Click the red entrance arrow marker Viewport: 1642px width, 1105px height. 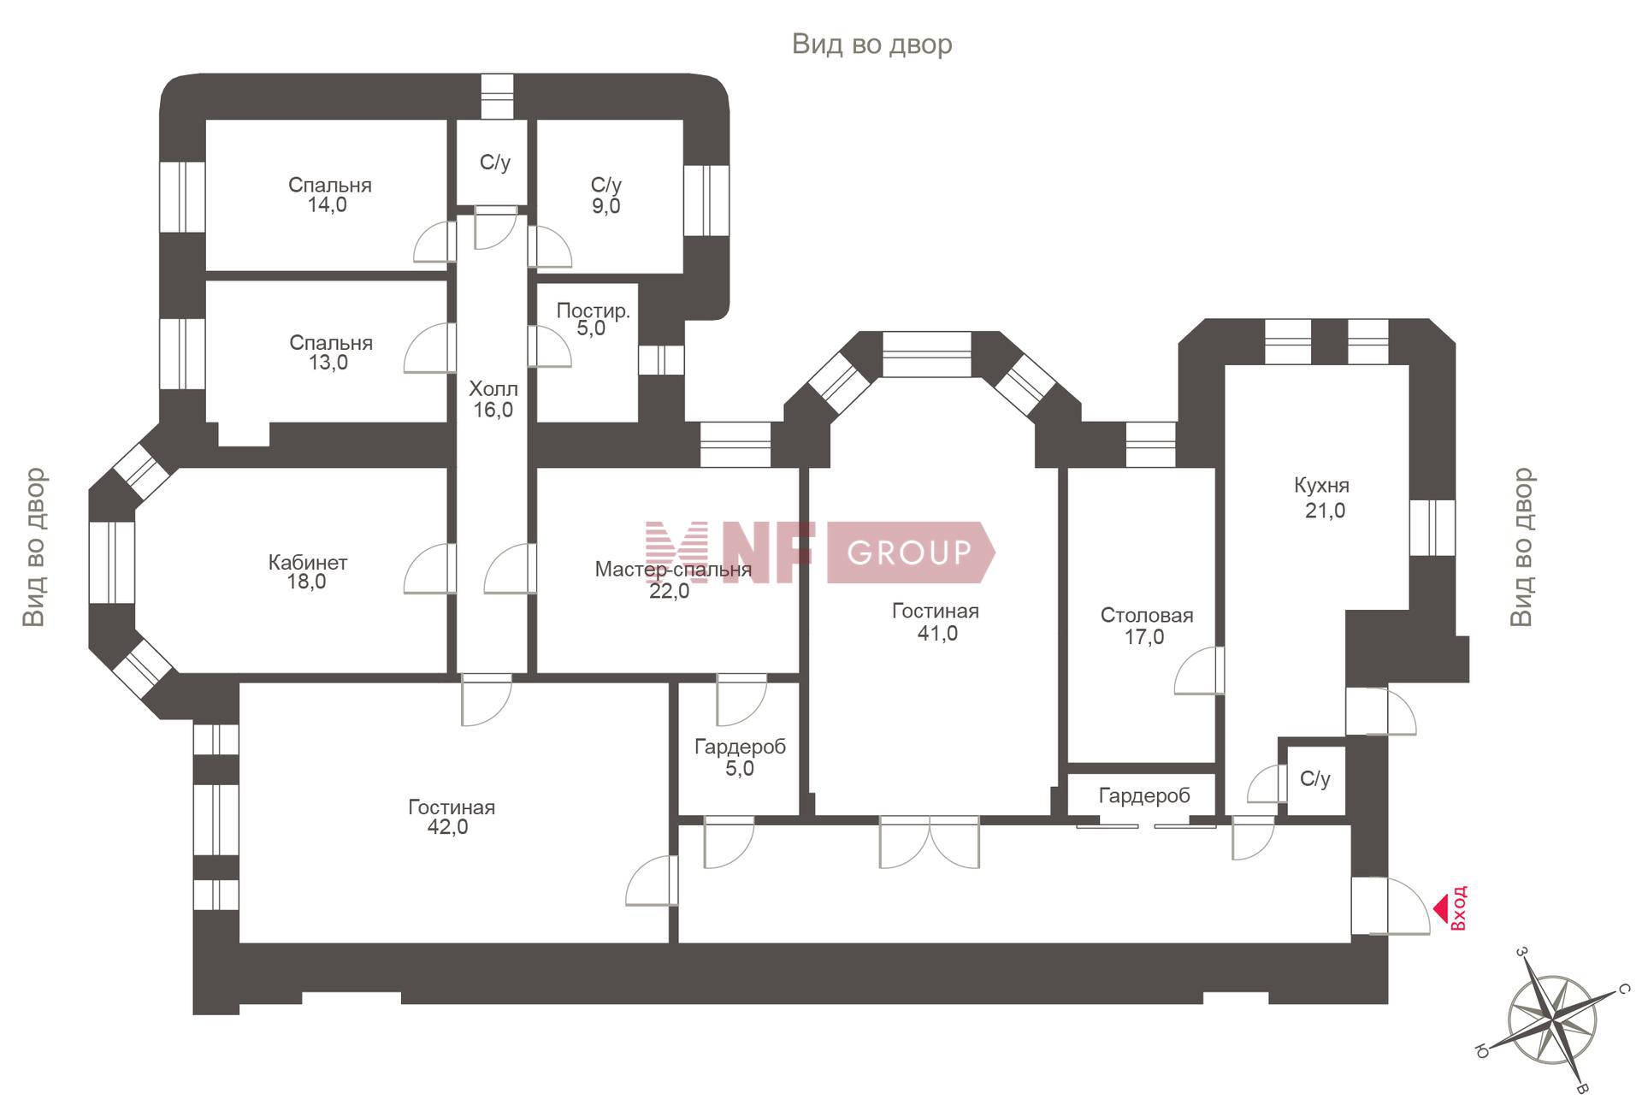tap(1440, 907)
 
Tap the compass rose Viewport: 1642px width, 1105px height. tap(1552, 1019)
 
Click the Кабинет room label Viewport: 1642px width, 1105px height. tap(308, 563)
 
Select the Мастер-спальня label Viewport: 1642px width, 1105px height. tap(673, 570)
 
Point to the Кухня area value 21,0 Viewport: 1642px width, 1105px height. tap(1325, 511)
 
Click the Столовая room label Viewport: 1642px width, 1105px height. tap(1147, 616)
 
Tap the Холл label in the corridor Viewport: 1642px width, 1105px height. tap(493, 389)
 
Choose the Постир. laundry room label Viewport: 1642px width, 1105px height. tap(594, 310)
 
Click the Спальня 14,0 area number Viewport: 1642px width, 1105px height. tap(328, 205)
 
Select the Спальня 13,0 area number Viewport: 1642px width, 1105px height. tap(328, 363)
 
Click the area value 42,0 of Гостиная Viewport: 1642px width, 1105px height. tap(448, 827)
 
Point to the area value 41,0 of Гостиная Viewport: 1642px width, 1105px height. tap(937, 634)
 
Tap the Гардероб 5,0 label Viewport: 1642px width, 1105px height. tap(740, 747)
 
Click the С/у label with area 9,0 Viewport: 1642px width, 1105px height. tap(606, 185)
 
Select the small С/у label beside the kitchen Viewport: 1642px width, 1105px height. tap(1315, 778)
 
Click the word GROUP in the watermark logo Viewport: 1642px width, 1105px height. tap(910, 552)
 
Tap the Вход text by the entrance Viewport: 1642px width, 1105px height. tap(1459, 907)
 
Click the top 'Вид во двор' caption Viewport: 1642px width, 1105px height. tap(872, 44)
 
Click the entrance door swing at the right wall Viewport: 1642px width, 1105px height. tap(1391, 906)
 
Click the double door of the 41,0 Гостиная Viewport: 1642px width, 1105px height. tap(930, 842)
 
